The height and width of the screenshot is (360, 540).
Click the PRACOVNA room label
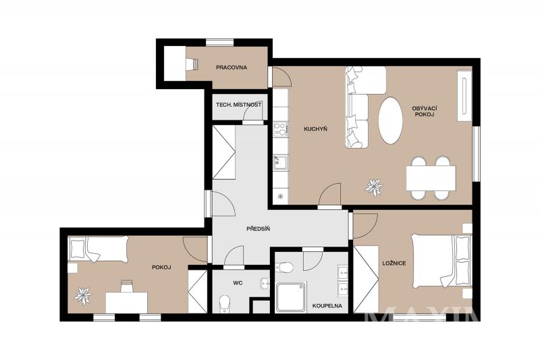coord(232,68)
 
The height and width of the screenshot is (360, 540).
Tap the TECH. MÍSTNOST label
coord(239,105)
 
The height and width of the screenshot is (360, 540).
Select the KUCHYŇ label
coord(315,129)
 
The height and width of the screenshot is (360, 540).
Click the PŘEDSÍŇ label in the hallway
coord(259,228)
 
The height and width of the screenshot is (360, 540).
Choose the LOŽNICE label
coord(394,263)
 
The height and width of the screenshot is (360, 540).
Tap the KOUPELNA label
coord(327,305)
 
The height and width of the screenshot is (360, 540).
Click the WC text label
coord(238,283)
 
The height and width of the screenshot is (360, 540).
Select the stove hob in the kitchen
coord(281,129)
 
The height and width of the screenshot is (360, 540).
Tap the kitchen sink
coord(281,162)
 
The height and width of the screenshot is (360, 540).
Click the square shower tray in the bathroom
coord(291,297)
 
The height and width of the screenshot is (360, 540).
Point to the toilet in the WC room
coord(225,303)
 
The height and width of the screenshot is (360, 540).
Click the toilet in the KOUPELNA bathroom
coord(284,267)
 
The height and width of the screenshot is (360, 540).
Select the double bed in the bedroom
coord(441,261)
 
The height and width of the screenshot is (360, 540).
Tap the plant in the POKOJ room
coord(83,296)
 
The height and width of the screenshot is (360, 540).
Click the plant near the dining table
coord(374,187)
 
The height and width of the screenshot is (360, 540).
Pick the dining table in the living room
coord(431,178)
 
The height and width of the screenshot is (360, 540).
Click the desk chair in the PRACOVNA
coord(192,64)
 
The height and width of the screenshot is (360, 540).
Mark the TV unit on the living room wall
coord(464,95)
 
